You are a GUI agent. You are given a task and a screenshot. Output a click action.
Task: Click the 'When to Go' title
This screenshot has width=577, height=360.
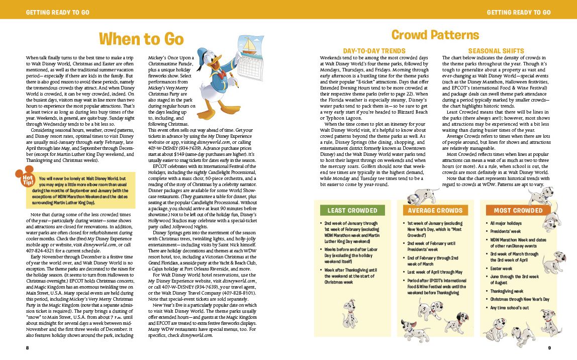[x=141, y=39]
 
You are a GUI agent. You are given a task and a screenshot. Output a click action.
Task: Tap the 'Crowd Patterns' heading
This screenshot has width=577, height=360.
[x=435, y=35]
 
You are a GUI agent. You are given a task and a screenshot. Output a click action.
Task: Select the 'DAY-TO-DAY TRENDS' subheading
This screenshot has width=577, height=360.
[x=374, y=51]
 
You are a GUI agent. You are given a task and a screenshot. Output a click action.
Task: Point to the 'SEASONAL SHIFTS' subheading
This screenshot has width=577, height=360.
[x=496, y=51]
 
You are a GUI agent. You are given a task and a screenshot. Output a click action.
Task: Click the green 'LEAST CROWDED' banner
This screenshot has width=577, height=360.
[x=352, y=210]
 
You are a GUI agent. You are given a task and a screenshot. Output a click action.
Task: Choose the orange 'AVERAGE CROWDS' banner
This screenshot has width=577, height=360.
[x=435, y=210]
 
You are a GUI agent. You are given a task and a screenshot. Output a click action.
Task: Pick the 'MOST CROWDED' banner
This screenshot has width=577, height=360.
[x=518, y=210]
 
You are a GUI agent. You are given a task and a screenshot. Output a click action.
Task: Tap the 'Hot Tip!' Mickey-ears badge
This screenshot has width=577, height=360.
[x=26, y=179]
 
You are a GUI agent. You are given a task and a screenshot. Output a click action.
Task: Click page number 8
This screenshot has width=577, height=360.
[x=28, y=347]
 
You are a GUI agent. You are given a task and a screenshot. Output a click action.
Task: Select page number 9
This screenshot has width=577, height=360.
[x=549, y=347]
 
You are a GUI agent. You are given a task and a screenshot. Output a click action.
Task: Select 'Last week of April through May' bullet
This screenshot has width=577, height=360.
[x=434, y=272]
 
